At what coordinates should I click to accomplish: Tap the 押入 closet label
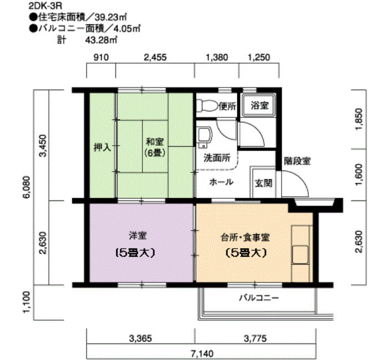coord(102,147)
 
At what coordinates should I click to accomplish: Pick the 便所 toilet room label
coord(227,106)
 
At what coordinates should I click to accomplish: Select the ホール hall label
coord(221,182)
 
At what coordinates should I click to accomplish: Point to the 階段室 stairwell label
coord(297,162)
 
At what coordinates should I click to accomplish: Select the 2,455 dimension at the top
coord(156,57)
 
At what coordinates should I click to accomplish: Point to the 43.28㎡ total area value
coord(101,40)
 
